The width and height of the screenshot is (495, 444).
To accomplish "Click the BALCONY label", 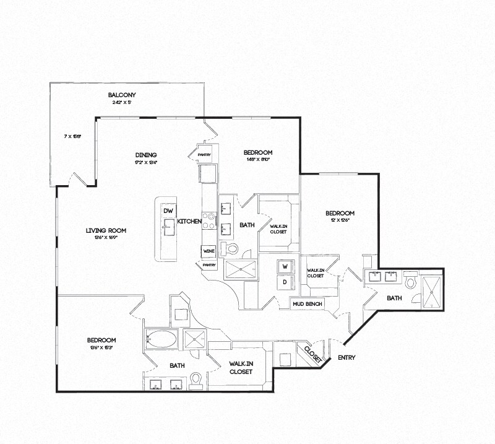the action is [x=122, y=95].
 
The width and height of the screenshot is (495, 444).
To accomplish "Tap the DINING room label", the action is [x=146, y=155].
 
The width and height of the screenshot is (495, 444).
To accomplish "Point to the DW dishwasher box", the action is [x=168, y=211].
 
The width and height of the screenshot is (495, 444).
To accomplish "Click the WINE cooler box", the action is [x=207, y=251].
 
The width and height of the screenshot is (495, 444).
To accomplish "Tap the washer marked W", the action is [x=286, y=266].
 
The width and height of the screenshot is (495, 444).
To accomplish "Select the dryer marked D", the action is [x=286, y=282].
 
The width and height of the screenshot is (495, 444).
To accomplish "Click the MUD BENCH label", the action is [x=307, y=304].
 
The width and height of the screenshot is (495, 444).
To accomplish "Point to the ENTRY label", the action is [x=346, y=357].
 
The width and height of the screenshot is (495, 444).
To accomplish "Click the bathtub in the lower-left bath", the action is [x=160, y=339].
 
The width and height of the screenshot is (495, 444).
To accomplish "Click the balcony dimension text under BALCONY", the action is [x=122, y=103].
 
